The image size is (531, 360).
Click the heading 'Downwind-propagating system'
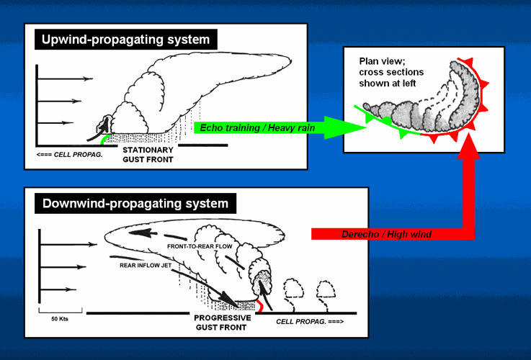coord(135,204)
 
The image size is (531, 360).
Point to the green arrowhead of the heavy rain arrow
coord(354,127)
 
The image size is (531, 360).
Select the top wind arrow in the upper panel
coord(65,78)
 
